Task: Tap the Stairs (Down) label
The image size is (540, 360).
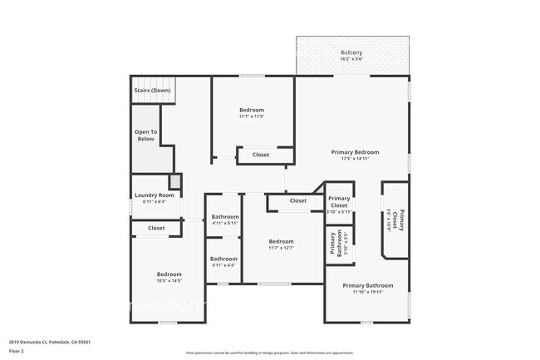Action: [x=152, y=90]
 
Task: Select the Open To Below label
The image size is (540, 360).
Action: [x=145, y=135]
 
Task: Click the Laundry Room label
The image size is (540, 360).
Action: [x=155, y=195]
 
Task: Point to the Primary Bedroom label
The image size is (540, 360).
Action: [x=355, y=152]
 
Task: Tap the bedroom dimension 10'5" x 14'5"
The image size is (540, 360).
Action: [x=169, y=280]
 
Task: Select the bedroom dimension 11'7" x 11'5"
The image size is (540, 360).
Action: [x=252, y=116]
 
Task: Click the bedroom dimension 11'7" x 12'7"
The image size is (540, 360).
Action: [x=281, y=248]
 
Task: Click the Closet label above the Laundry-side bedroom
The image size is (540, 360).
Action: [x=156, y=228]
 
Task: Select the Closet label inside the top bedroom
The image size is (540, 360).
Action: [x=260, y=155]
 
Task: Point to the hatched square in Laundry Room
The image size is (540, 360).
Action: [x=175, y=182]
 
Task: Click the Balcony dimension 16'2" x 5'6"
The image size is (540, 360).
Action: [x=351, y=60]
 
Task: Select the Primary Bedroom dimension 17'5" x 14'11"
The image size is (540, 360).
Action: [x=355, y=159]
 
